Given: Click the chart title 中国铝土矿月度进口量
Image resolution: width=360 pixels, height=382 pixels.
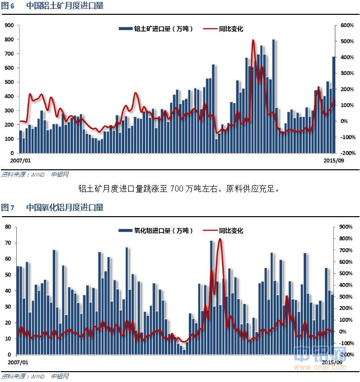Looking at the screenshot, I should coord(65,6).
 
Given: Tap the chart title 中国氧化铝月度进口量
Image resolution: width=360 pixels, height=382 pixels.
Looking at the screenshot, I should coord(65,208).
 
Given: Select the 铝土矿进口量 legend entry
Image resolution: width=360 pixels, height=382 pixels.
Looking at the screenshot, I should coord(156,29).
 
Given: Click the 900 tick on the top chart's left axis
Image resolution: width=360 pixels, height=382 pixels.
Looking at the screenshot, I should coord(8,25).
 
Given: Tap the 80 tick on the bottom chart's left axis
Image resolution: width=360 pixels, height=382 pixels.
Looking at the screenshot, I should coord(8,227).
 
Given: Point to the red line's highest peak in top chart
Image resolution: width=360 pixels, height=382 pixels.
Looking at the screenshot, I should coord(253,40).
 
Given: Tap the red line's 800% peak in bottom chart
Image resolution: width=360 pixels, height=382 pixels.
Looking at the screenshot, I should coord(220,239).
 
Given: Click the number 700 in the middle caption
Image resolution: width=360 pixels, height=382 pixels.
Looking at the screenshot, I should coord(177,189).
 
